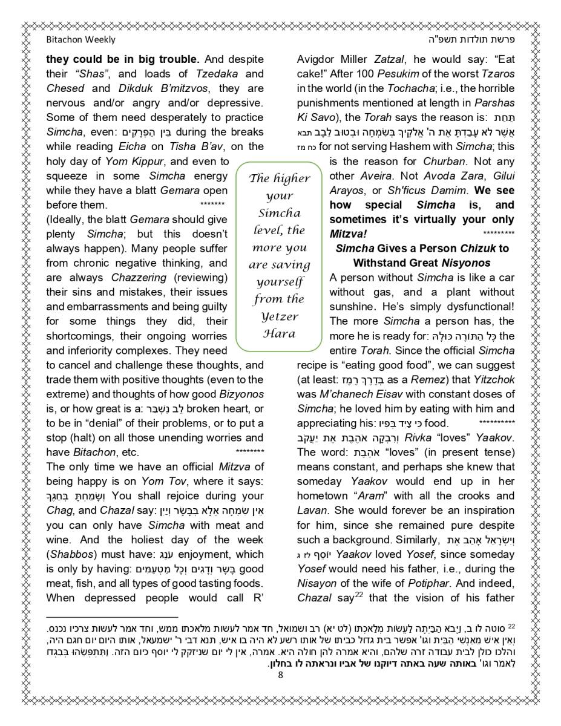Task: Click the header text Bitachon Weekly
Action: click(x=80, y=41)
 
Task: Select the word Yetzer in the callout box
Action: click(x=279, y=316)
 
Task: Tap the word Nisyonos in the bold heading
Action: click(x=465, y=263)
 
